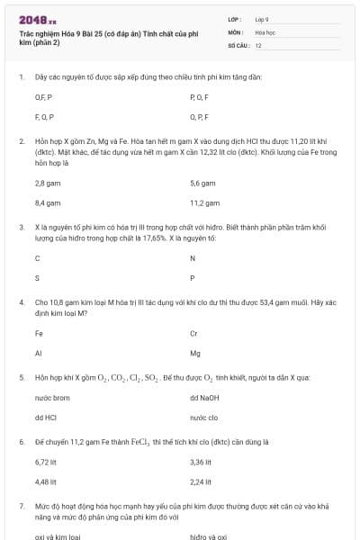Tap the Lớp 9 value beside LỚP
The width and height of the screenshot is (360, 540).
click(262, 19)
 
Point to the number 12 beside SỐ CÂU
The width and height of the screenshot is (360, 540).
click(258, 44)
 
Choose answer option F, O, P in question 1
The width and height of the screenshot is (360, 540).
click(44, 116)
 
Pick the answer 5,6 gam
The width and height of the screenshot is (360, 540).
click(202, 183)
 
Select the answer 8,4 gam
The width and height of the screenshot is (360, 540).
click(47, 202)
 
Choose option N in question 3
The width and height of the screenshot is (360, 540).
click(193, 257)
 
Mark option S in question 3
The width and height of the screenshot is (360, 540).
click(37, 277)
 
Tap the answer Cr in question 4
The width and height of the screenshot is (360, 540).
click(194, 333)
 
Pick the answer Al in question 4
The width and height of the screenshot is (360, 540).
click(38, 353)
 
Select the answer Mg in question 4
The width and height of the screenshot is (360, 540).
click(195, 353)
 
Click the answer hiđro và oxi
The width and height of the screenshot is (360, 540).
click(208, 536)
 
